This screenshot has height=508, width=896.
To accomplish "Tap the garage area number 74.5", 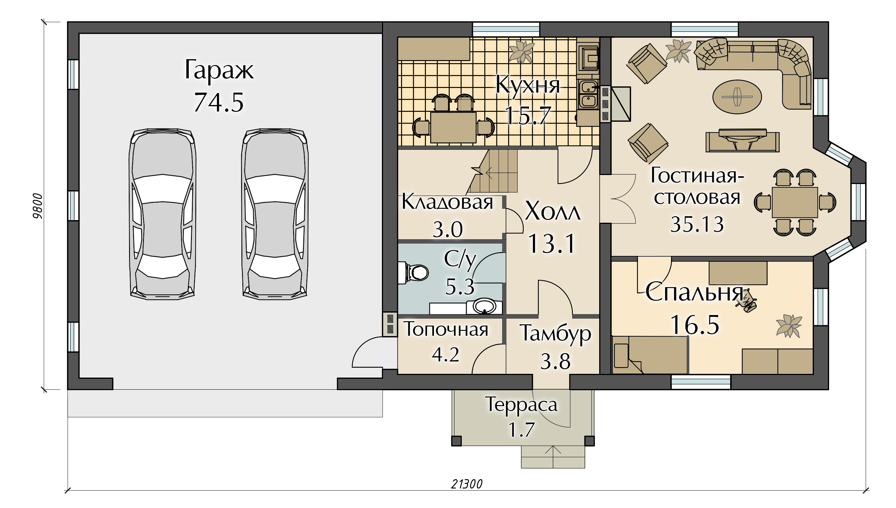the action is pyautogui.click(x=219, y=102).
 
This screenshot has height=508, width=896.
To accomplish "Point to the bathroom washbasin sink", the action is pyautogui.click(x=484, y=306).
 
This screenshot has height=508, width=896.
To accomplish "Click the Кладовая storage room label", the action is pyautogui.click(x=448, y=202).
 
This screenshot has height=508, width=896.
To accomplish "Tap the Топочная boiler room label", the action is pyautogui.click(x=446, y=329).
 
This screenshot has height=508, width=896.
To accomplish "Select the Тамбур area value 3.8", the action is pyautogui.click(x=555, y=361).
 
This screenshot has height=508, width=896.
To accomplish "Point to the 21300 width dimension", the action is pyautogui.click(x=467, y=484).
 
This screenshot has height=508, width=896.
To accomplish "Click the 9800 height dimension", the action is pyautogui.click(x=38, y=206).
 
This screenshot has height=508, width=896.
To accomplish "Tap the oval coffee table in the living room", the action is pyautogui.click(x=737, y=97).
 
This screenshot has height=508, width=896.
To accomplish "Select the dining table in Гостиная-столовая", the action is pyautogui.click(x=794, y=202).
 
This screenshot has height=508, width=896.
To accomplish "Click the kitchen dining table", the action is pyautogui.click(x=453, y=127).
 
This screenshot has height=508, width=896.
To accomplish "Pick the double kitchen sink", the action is pyautogui.click(x=588, y=94).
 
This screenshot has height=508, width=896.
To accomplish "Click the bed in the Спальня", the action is pyautogui.click(x=650, y=355).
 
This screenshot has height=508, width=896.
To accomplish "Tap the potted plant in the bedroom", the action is pyautogui.click(x=789, y=326).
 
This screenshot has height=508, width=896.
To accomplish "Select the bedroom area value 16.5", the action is pyautogui.click(x=695, y=325).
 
